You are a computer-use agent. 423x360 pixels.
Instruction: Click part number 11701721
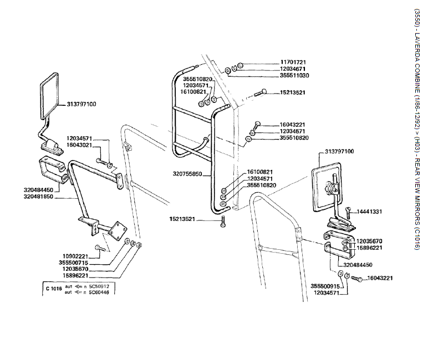pos(293,61)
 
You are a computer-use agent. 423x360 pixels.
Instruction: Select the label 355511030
pos(294,75)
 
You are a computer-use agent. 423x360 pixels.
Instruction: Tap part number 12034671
pos(293,68)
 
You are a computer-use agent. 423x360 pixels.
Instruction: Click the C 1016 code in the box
pos(54,289)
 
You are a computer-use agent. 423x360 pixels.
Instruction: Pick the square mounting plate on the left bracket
pos(119,230)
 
